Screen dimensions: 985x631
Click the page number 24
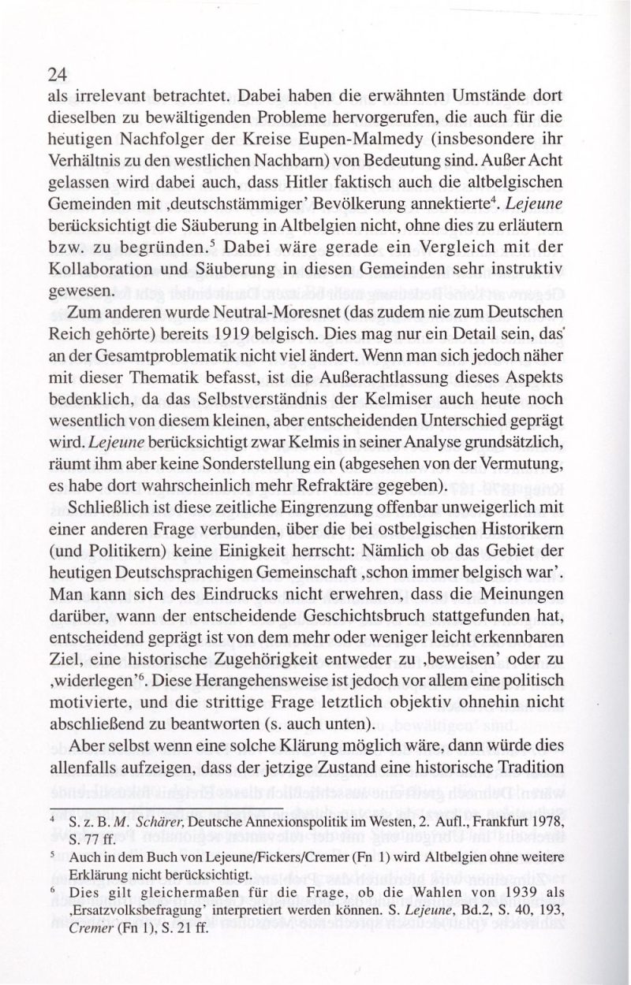click(56, 75)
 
